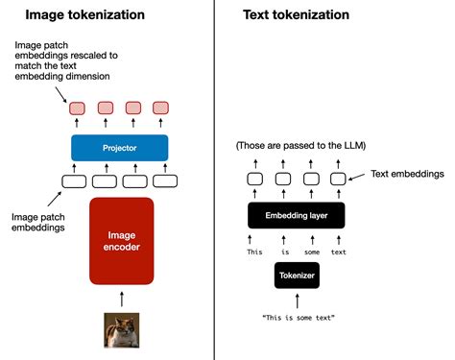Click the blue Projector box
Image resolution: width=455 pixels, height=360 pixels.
[119, 148]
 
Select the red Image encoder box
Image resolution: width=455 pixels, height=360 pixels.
[122, 241]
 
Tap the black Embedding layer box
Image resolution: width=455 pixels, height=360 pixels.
[297, 215]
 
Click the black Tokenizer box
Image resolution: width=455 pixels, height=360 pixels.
[297, 276]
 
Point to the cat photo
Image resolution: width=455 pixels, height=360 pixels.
[122, 330]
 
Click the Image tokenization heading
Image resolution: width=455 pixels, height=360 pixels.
[84, 14]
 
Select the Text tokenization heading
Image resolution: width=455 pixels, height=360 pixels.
[296, 14]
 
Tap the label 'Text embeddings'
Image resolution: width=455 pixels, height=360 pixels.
[407, 174]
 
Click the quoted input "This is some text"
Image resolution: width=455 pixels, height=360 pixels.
[299, 318]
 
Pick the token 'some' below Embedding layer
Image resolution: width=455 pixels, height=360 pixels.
[312, 252]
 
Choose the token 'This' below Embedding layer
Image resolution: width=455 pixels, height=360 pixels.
[254, 252]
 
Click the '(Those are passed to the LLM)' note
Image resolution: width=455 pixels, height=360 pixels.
[300, 146]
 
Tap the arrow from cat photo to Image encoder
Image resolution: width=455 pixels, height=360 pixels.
[122, 299]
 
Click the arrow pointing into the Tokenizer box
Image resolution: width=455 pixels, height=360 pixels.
[298, 301]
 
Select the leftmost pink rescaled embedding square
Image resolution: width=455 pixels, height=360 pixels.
[77, 108]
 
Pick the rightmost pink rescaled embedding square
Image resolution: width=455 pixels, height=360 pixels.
[160, 108]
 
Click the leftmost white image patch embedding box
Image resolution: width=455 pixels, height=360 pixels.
[74, 181]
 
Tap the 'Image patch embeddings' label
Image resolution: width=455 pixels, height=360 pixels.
[38, 222]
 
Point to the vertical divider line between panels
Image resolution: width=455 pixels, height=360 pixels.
[214, 180]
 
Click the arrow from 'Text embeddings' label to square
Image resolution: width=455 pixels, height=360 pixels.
[356, 177]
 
